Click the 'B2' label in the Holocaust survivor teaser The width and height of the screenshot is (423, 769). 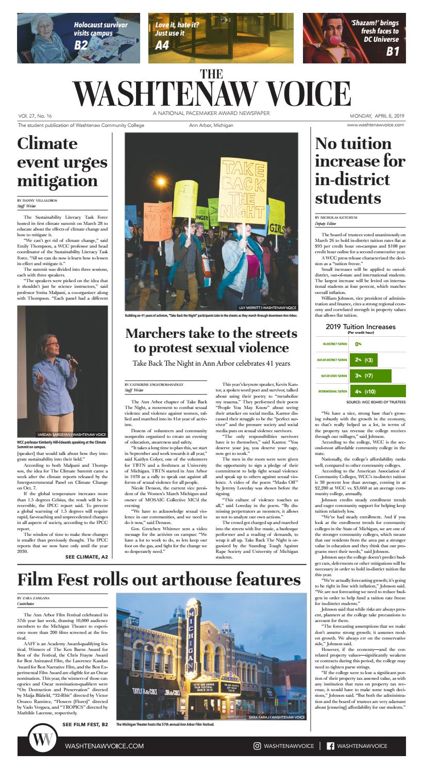(x=81, y=45)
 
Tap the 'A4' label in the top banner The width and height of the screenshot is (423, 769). (x=162, y=45)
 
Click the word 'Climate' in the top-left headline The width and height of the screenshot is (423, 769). (x=47, y=144)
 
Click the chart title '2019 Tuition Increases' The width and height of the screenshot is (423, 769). (x=361, y=327)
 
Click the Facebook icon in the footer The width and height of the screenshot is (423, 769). (x=330, y=746)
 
